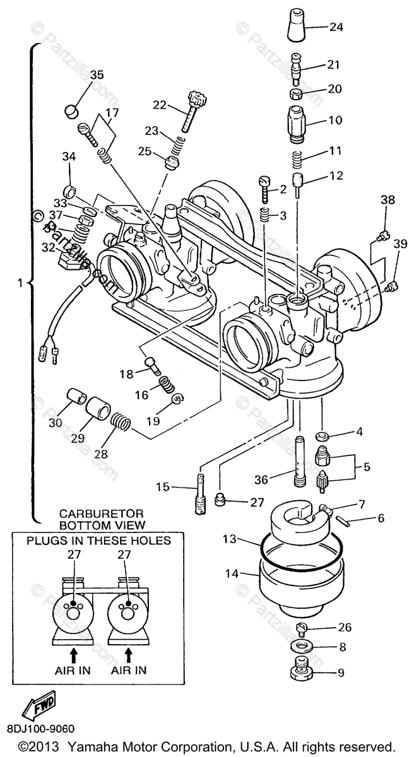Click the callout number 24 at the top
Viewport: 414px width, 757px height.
(336, 27)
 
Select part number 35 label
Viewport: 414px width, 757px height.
(96, 75)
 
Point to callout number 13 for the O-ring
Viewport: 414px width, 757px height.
(230, 539)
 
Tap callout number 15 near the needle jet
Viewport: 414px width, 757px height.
(163, 486)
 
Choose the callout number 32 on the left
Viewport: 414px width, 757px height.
(49, 247)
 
